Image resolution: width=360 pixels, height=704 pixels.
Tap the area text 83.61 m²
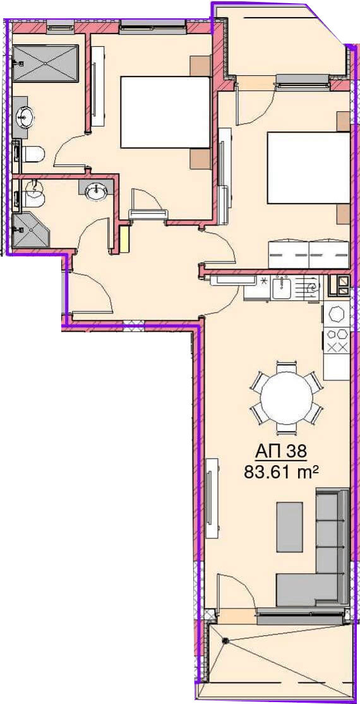tap(281, 472)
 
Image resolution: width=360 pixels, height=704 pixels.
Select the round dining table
tap(286, 398)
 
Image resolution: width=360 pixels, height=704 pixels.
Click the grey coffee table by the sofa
tap(289, 527)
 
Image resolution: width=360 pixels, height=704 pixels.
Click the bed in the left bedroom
tap(165, 112)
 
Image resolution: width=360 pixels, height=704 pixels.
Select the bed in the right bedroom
tap(308, 167)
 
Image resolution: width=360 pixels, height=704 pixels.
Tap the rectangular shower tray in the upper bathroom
tap(45, 63)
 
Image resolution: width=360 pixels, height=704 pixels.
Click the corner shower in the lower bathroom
tap(30, 230)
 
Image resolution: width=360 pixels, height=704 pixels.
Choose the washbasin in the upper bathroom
tap(24, 118)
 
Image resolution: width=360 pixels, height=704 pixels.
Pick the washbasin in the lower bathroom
tap(96, 191)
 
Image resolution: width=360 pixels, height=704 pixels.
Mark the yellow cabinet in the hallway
tap(124, 239)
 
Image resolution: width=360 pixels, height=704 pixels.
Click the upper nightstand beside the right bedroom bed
tap(344, 121)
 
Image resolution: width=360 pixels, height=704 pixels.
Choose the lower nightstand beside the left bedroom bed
tap(200, 159)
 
